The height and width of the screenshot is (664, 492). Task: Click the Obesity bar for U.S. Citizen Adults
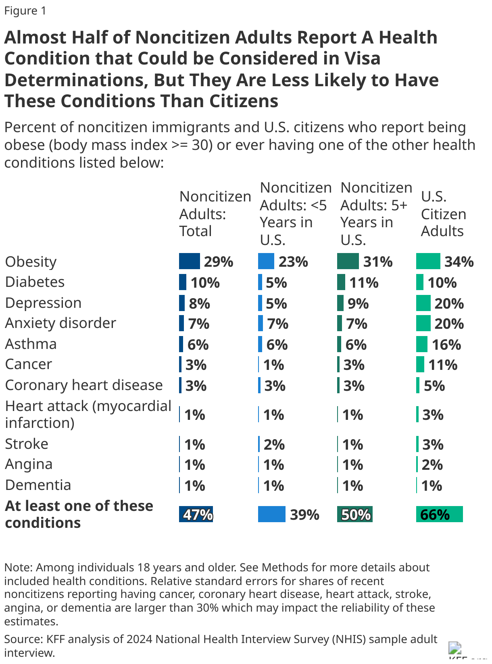428,261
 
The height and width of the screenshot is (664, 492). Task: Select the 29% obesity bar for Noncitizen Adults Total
190,261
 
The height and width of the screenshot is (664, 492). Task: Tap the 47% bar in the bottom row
196,515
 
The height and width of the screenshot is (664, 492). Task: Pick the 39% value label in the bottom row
304,515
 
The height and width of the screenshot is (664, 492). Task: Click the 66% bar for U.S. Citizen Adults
439,515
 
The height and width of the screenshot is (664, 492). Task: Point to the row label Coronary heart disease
84,385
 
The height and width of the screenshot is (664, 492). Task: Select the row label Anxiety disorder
60,323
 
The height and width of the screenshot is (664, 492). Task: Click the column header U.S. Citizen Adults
443,214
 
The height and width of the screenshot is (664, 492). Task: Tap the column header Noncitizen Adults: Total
215,214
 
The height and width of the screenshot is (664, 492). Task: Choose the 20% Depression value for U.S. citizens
449,303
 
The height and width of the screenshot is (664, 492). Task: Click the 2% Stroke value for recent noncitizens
274,445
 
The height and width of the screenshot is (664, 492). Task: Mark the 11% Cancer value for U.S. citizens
442,365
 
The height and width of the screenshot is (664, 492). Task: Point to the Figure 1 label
25,11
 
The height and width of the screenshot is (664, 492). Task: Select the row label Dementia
38,485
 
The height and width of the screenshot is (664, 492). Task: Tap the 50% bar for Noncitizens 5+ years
355,515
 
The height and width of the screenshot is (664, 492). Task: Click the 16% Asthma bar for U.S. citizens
422,344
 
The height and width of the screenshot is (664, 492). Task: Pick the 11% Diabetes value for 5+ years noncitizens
364,283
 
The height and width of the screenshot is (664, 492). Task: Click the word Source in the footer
23,639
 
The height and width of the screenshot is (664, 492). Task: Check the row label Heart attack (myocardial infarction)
88,414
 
